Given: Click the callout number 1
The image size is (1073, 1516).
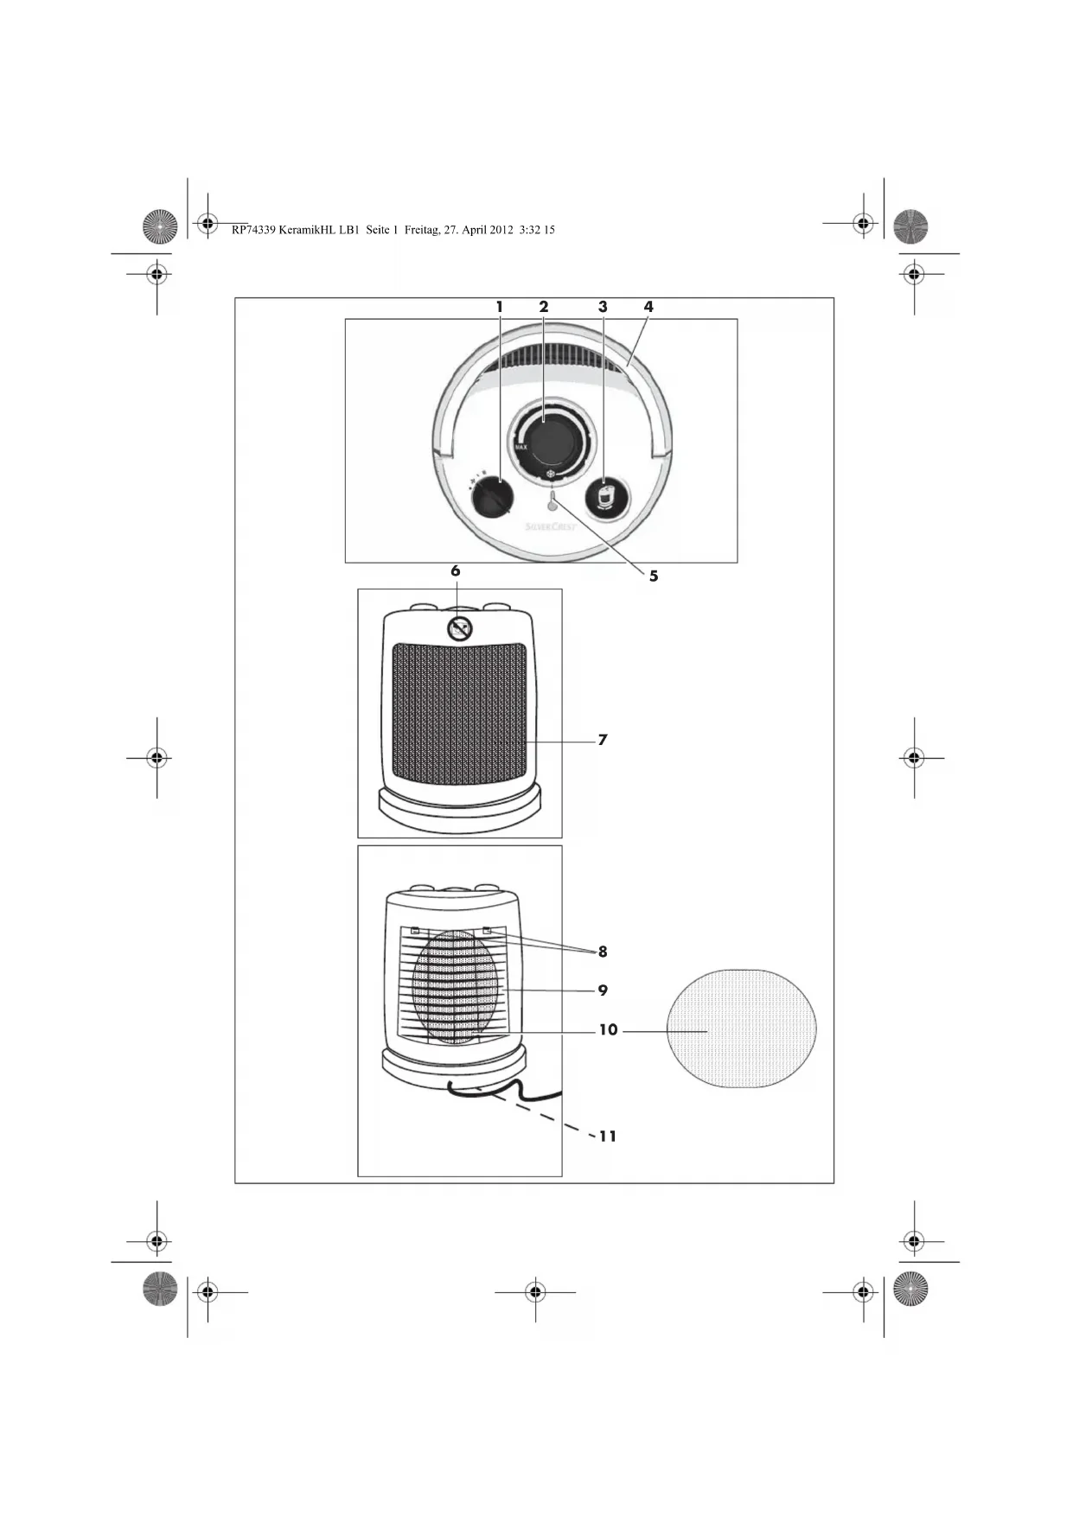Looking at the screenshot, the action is coord(499,307).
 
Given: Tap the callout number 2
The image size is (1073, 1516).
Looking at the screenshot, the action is coord(544,307).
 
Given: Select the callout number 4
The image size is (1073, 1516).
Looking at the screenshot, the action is coord(648,307).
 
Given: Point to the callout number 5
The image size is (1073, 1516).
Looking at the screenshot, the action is coord(654,576).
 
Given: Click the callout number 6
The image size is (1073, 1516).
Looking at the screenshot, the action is coord(456,571).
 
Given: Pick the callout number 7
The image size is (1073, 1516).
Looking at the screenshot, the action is coord(603,740).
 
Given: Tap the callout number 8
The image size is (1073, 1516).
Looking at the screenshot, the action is coord(603,952).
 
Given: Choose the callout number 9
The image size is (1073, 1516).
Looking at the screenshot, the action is coord(603,990).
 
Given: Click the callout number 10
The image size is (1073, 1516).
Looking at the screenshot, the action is coord(608,1030).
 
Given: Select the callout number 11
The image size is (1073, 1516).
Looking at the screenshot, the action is coord(608,1137).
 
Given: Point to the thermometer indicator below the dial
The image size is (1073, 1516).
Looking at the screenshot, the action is coord(552,500).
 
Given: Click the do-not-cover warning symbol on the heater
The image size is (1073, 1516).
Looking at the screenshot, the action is coord(460,628).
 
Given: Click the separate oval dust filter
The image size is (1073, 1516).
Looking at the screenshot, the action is coord(742,1029).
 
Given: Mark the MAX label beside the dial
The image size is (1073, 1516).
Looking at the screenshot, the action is coord(521,447).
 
